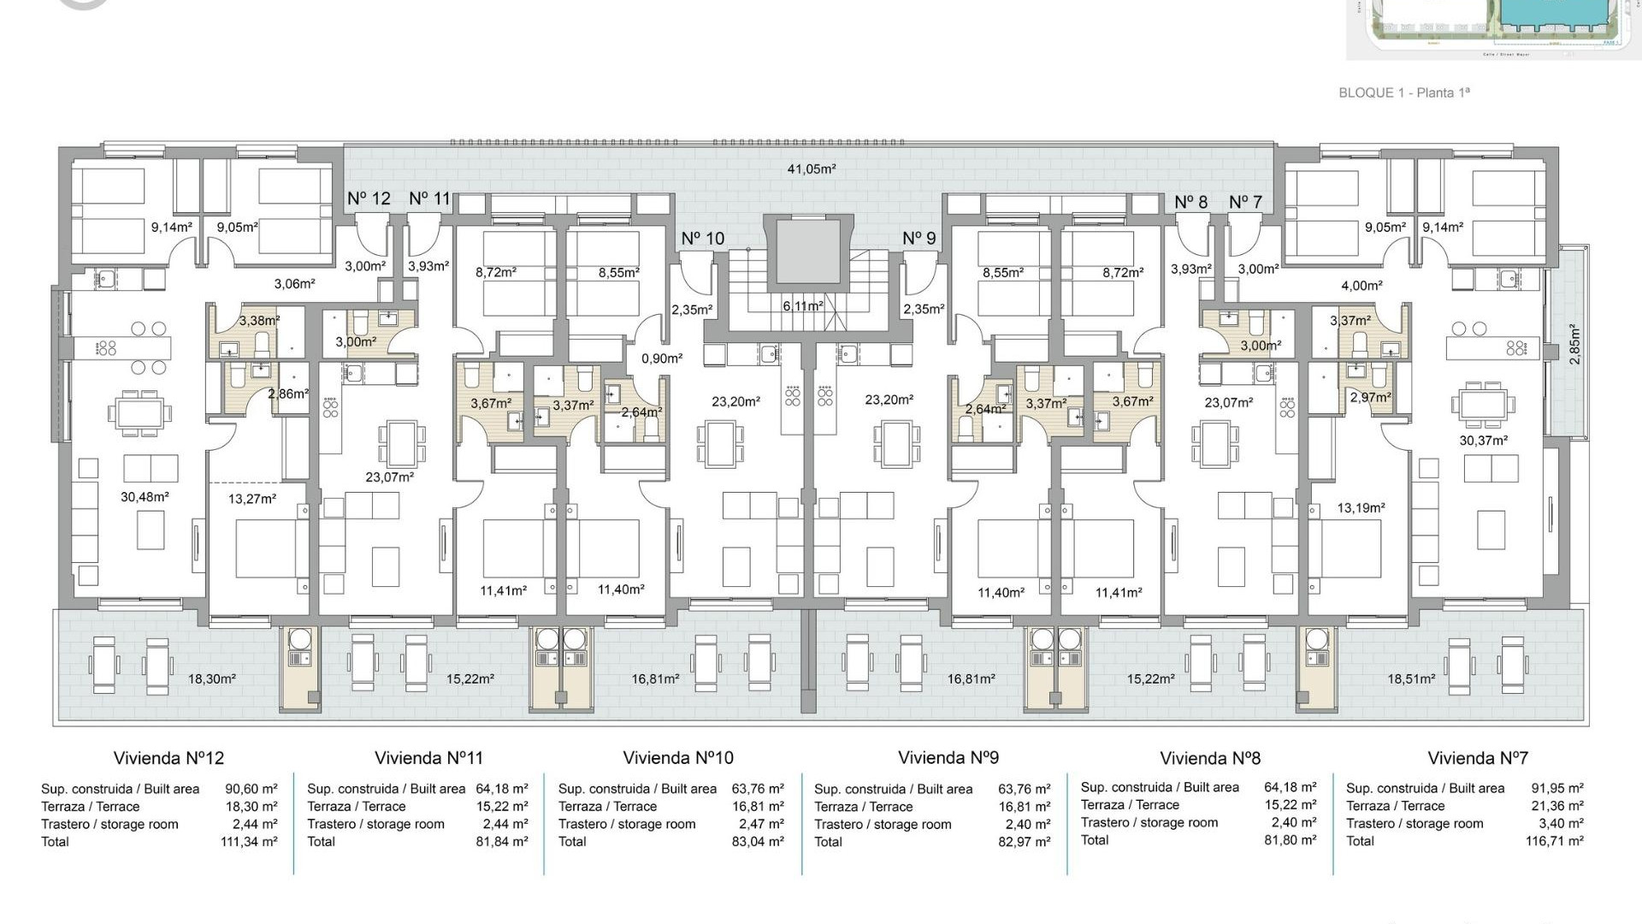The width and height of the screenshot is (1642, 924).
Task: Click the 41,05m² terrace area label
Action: [x=811, y=169]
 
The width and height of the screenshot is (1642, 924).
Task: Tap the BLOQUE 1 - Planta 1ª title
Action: [x=1403, y=92]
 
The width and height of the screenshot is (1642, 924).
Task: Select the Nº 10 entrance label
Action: [x=702, y=239]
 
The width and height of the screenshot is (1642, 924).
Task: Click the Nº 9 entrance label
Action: [x=918, y=239]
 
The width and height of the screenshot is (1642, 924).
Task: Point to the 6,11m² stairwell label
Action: [x=802, y=306]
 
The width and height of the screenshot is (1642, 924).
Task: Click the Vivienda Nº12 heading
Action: [x=168, y=758]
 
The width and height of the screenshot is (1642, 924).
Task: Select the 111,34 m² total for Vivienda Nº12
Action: [x=249, y=842]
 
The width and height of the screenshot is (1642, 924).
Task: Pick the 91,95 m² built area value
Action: [x=1556, y=789]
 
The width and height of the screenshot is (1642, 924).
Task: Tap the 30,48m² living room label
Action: [x=145, y=497]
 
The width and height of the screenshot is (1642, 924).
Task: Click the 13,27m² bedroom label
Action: [x=252, y=499]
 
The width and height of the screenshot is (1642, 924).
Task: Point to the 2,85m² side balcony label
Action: [x=1574, y=344]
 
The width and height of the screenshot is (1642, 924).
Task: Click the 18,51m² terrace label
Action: [x=1411, y=679]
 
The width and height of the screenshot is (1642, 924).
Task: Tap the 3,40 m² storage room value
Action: [x=1561, y=824]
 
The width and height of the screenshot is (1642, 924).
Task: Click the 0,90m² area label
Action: [x=662, y=359]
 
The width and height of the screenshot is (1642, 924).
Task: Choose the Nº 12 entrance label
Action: [x=369, y=198]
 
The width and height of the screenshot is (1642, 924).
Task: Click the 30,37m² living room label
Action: [x=1483, y=441]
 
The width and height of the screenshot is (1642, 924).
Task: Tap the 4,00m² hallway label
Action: [x=1361, y=287]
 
